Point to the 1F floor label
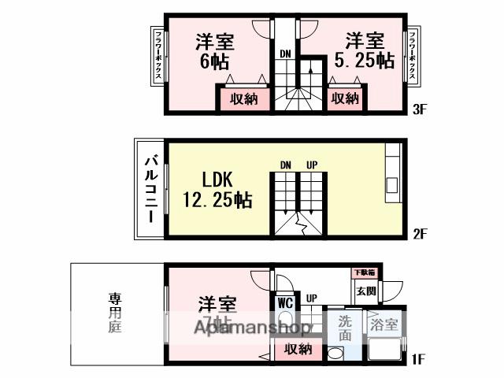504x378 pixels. [x=417, y=361]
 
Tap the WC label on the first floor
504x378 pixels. [x=284, y=301]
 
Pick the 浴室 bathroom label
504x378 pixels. [x=384, y=323]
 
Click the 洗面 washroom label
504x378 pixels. [x=345, y=328]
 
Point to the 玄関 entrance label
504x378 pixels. [x=365, y=291]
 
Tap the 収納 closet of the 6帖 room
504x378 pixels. [x=244, y=99]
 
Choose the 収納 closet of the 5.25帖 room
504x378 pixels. [x=345, y=98]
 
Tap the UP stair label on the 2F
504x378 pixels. [x=312, y=165]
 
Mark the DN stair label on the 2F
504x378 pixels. [x=287, y=165]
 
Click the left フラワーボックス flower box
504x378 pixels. [x=157, y=55]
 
